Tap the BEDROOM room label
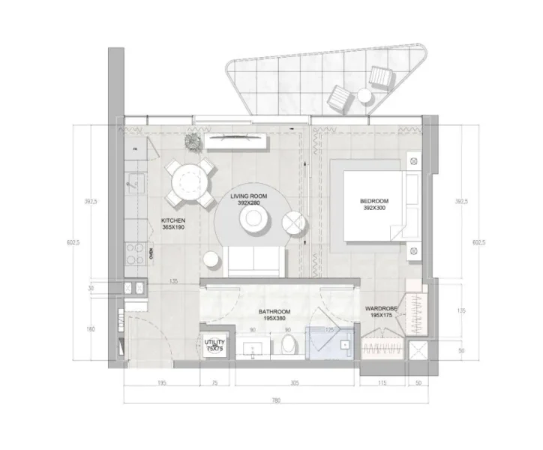tap(373, 205)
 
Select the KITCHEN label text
tap(173, 223)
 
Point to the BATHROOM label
tap(274, 313)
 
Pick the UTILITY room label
tap(214, 345)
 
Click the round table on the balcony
tap(365, 95)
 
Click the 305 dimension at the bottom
tap(295, 382)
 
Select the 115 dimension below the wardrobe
tap(381, 382)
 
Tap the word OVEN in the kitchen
tap(151, 253)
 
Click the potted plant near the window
tap(193, 140)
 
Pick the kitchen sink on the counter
tap(133, 181)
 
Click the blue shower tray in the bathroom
tap(331, 343)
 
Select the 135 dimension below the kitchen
tap(173, 283)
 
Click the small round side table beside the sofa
tap(211, 259)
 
